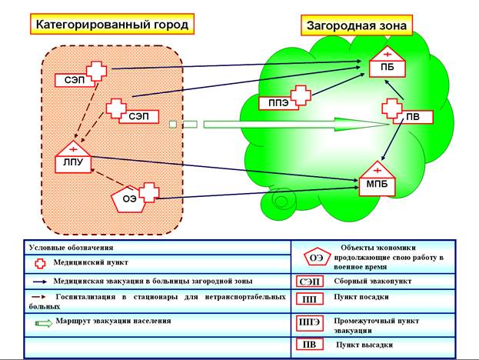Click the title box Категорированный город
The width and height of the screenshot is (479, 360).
(x=112, y=25)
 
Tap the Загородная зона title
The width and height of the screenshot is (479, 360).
(x=355, y=25)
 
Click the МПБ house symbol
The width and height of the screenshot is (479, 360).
(x=377, y=180)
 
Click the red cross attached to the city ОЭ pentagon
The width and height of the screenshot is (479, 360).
(x=148, y=192)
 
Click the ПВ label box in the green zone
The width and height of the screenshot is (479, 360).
(x=412, y=118)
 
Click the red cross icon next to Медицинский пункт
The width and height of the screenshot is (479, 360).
(x=42, y=262)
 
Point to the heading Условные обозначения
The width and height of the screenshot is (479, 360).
(x=72, y=248)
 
